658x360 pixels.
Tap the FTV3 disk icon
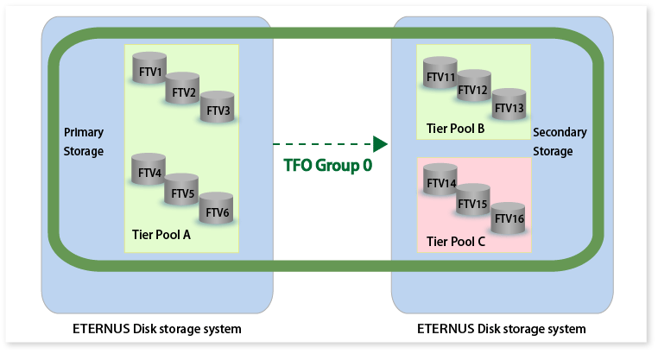tap(218, 110)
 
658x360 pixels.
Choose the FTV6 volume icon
tap(217, 211)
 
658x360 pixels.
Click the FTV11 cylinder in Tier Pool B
tap(441, 76)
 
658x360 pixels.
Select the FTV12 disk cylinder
tap(474, 89)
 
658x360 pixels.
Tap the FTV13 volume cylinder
tap(509, 106)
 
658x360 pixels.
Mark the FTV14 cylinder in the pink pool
tap(441, 183)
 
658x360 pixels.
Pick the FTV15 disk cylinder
tap(473, 203)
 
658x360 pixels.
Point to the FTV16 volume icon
tap(508, 218)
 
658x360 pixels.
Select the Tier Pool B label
tap(455, 129)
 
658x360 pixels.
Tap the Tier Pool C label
tap(455, 243)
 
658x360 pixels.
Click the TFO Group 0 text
tap(328, 165)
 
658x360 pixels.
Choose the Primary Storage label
tap(84, 142)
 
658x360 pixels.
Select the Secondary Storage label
tap(560, 142)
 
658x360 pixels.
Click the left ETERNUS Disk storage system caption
tap(157, 329)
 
